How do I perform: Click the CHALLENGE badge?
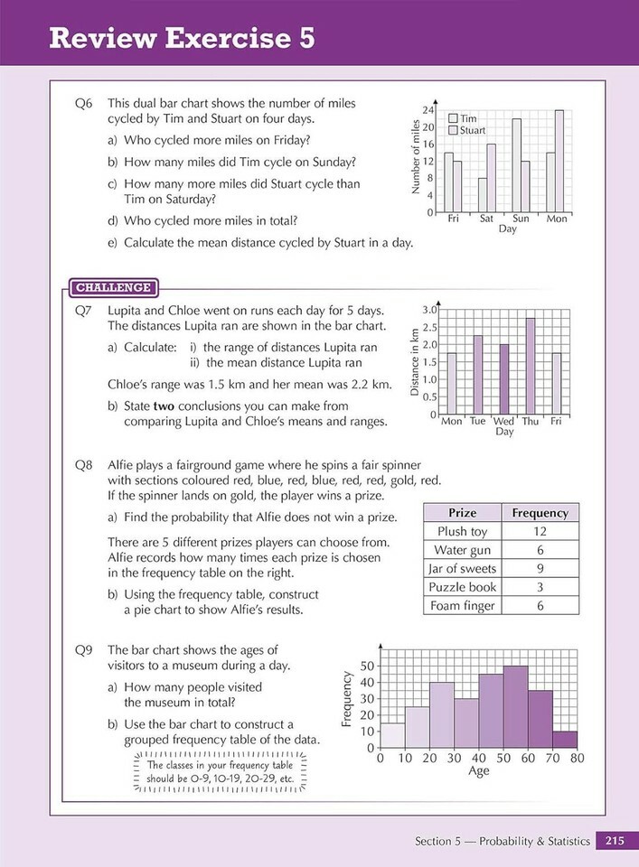pos(113,287)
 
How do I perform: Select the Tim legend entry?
pos(467,118)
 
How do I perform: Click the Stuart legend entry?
pos(472,130)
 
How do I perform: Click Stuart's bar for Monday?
pos(559,161)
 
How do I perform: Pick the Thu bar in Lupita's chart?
pos(530,366)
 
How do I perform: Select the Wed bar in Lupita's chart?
pos(503,378)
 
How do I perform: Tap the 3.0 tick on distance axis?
pos(429,310)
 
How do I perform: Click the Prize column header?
pos(462,512)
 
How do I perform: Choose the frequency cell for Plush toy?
pos(540,531)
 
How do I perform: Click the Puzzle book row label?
pos(462,587)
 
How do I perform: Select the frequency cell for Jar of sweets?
pos(540,568)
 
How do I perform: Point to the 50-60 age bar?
pos(515,706)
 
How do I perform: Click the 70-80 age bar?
pos(565,739)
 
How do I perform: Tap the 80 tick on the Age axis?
pos(578,758)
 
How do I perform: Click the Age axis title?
pos(479,771)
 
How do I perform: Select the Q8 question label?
pos(84,465)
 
